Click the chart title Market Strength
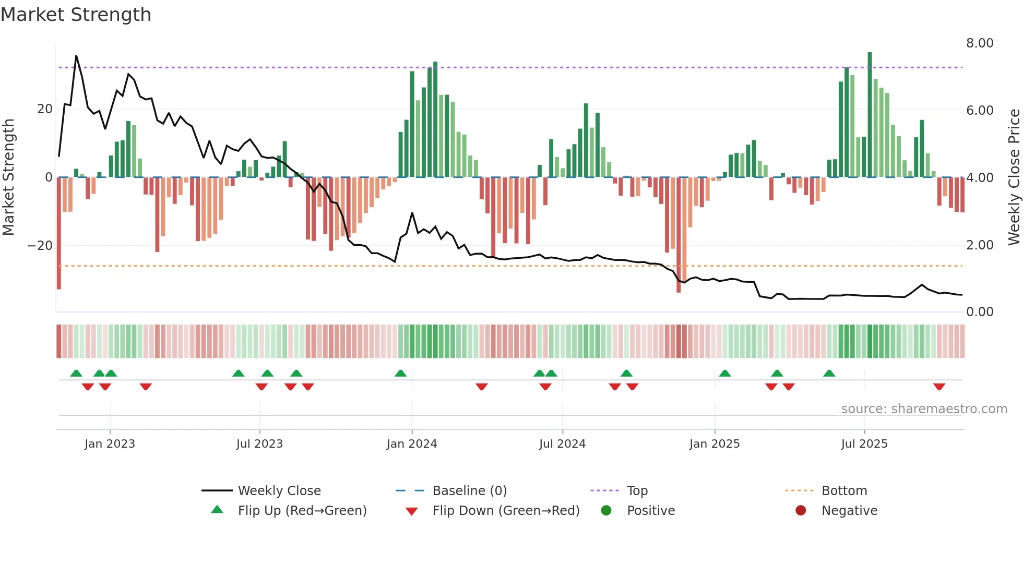click(76, 15)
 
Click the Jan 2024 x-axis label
click(411, 444)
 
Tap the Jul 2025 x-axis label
click(864, 444)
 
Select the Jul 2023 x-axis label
click(259, 444)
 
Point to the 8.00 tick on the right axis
click(979, 43)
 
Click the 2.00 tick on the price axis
click(979, 245)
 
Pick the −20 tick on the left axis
click(40, 246)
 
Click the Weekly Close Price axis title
click(1014, 177)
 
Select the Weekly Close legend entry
click(279, 491)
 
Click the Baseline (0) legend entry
click(469, 491)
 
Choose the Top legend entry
click(637, 491)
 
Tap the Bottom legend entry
click(844, 491)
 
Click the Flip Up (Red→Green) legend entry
click(302, 511)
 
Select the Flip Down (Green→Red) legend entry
click(506, 511)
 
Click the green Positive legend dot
click(606, 510)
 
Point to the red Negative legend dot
click(801, 510)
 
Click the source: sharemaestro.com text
click(924, 409)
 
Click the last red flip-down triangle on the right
click(939, 387)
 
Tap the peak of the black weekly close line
click(76, 56)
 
